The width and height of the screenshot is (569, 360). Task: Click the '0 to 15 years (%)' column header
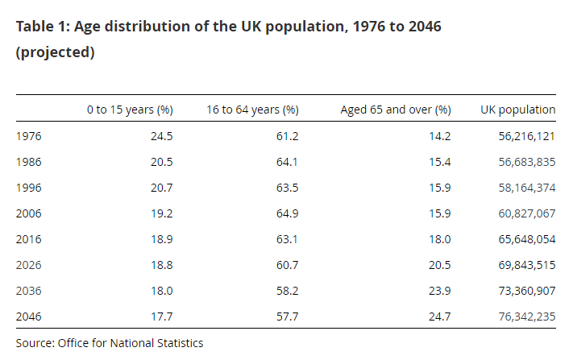click(130, 110)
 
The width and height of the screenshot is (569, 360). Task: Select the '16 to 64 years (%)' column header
click(252, 110)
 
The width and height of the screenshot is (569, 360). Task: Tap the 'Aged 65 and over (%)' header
click(396, 110)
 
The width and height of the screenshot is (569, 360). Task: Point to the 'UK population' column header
click(518, 110)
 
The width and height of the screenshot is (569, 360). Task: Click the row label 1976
click(29, 136)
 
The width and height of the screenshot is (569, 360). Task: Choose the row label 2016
click(29, 239)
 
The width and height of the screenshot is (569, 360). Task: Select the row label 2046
click(29, 317)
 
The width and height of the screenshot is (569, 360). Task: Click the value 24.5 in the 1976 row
click(162, 136)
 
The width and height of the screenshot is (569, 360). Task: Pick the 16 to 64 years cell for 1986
click(287, 162)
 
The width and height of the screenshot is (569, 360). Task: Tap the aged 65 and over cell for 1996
click(440, 188)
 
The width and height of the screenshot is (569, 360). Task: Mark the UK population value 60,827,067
click(527, 213)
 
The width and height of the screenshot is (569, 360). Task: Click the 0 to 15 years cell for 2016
click(162, 239)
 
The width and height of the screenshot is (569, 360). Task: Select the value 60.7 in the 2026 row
click(288, 265)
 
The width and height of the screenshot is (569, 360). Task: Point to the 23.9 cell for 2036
click(440, 291)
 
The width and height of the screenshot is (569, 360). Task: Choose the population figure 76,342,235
click(527, 317)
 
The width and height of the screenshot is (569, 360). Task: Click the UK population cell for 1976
click(527, 136)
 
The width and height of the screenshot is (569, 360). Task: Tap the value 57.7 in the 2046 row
click(288, 317)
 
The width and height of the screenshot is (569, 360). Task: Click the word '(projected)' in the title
click(55, 52)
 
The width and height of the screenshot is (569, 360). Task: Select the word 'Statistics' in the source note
click(180, 343)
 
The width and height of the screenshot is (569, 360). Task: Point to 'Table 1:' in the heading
click(44, 27)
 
